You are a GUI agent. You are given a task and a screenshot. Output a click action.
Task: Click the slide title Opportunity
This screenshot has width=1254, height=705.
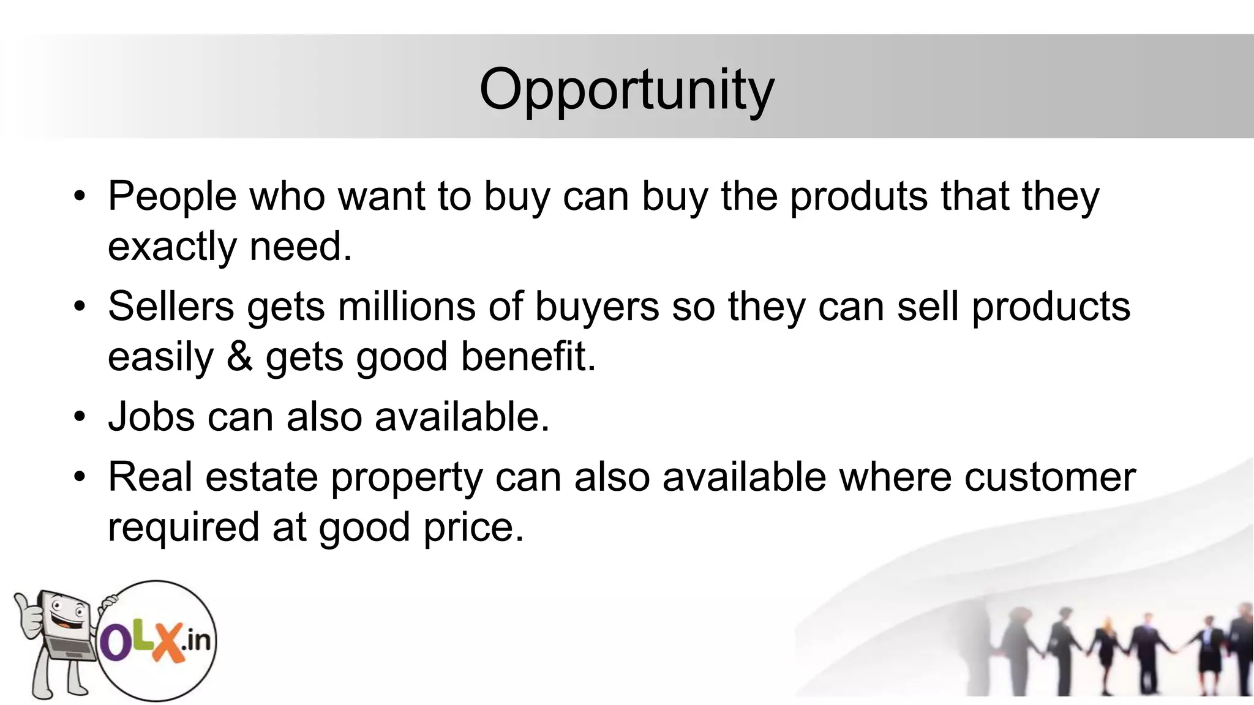pos(626,90)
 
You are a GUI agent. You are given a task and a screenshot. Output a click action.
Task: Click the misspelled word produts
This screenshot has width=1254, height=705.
pos(858,197)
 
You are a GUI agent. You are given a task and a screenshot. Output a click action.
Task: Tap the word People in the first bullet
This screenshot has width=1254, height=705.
pos(172,197)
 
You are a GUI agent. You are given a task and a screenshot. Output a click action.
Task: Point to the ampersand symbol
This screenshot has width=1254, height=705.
pos(239,357)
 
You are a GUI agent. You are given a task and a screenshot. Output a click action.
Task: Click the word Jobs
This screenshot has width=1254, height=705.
pos(151,417)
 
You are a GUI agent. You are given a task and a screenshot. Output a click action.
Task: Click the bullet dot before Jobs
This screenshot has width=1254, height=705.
pos(79,417)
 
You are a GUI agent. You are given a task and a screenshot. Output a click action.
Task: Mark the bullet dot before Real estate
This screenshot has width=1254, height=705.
pos(79,477)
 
